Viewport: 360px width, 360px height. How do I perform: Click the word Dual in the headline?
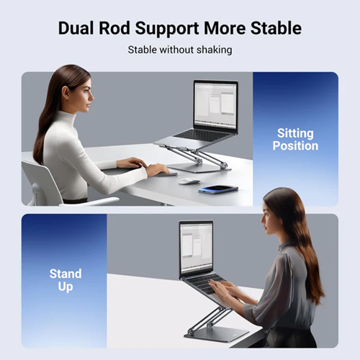[76, 28]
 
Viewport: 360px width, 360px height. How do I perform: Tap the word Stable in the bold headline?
[276, 28]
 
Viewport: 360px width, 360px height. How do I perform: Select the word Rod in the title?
[114, 28]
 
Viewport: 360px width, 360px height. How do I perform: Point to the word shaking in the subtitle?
[215, 50]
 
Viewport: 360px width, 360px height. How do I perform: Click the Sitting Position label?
[295, 140]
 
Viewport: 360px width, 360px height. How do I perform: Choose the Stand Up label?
[66, 280]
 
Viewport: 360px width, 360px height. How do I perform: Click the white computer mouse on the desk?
[189, 181]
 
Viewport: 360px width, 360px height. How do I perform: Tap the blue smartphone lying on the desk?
[218, 189]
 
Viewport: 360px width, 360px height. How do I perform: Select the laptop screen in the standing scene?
[196, 248]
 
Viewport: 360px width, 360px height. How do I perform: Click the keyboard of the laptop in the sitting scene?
[202, 135]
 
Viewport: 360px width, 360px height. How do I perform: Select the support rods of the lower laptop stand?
[208, 319]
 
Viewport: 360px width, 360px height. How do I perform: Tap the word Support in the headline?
[167, 29]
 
